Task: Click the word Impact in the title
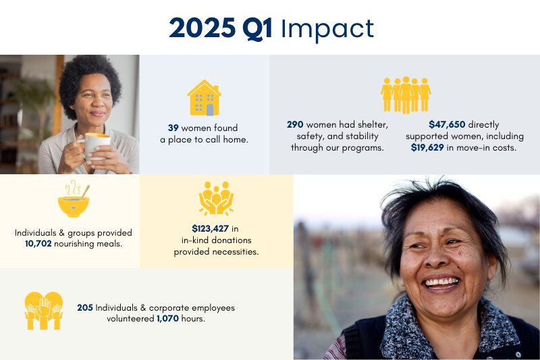tap(327, 29)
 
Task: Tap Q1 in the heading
tap(257, 28)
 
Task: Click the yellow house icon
tap(205, 98)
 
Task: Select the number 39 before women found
tap(173, 128)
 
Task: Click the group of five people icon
tap(406, 95)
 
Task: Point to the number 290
tap(295, 124)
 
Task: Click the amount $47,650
tap(447, 124)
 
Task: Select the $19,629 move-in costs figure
tap(427, 148)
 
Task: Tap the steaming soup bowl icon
tap(74, 199)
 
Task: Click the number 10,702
tap(38, 244)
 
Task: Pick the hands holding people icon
tap(216, 199)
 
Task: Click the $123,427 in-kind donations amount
tap(210, 228)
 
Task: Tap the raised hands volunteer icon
tap(44, 311)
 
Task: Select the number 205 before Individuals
tap(85, 307)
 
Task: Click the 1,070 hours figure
tap(167, 319)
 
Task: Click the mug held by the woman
tap(97, 145)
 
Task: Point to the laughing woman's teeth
tap(442, 282)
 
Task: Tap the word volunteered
tap(130, 319)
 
